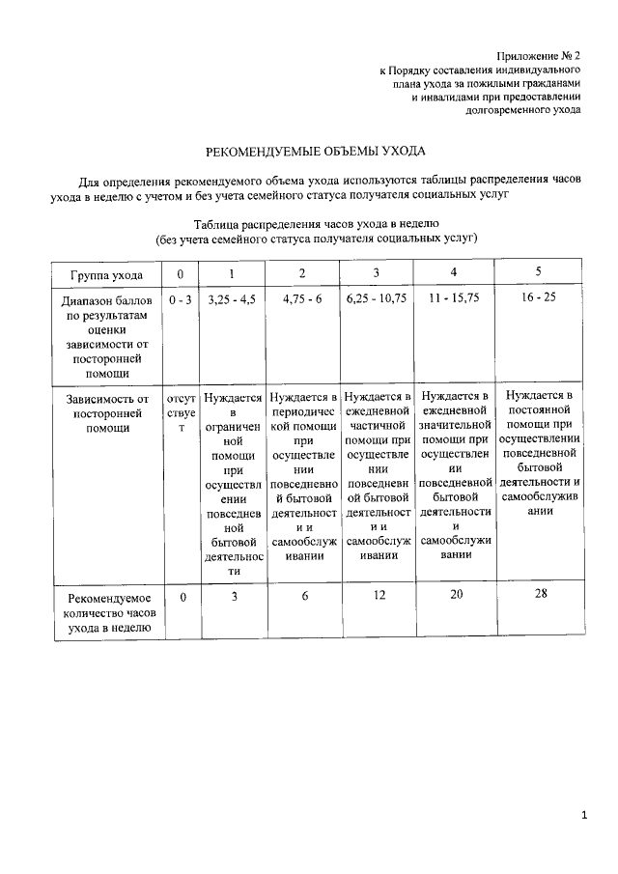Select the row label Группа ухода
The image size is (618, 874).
pyautogui.click(x=104, y=274)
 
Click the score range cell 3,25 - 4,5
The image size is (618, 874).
pyautogui.click(x=232, y=300)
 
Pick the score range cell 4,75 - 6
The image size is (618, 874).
pyautogui.click(x=302, y=300)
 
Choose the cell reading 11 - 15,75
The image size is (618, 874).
pyautogui.click(x=454, y=300)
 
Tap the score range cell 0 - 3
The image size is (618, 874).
pyautogui.click(x=181, y=300)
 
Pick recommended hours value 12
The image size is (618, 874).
pyautogui.click(x=377, y=597)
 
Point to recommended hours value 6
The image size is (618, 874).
pyautogui.click(x=303, y=597)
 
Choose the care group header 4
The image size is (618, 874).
pyautogui.click(x=454, y=271)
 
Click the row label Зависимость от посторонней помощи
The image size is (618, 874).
pyautogui.click(x=104, y=412)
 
